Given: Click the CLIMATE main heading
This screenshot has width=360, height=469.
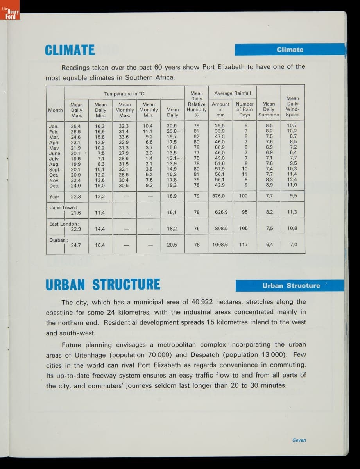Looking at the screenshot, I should point(70,50).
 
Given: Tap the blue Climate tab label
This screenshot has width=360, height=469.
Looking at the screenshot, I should point(290,50).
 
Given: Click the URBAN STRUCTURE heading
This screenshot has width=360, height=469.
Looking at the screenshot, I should point(103,285).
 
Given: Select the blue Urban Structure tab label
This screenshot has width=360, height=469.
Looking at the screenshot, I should point(291,286).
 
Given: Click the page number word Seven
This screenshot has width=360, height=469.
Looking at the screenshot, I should point(299,440).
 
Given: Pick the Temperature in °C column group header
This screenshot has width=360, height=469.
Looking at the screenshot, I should point(124,94).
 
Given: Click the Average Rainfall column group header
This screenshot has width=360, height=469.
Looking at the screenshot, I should point(233,93).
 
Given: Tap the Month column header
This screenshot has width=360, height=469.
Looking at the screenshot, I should point(55,110).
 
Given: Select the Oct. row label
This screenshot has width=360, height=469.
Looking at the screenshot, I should point(54,175).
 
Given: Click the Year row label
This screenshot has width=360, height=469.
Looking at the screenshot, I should point(54,196).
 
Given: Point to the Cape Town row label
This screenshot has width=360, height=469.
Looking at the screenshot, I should point(63,208).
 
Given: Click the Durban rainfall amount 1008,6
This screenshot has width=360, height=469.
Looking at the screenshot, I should point(220,245).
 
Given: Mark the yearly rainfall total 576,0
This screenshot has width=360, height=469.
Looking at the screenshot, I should point(219,196).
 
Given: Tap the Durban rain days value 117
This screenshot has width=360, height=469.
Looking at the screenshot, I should point(244,245).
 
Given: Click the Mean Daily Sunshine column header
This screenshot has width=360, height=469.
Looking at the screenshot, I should point(269,109).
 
